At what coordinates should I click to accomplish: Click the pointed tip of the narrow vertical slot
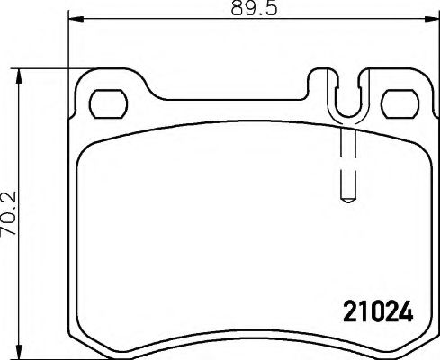347,200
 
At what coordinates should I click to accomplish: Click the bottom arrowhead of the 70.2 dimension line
19,352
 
